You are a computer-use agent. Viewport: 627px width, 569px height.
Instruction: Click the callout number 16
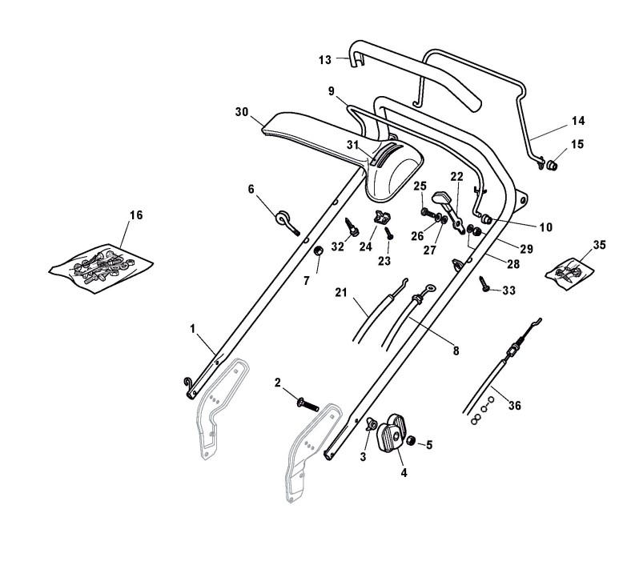136,214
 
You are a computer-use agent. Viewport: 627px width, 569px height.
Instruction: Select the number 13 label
324,59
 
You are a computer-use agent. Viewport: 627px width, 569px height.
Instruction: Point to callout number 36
515,406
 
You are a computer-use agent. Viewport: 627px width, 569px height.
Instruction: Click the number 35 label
600,244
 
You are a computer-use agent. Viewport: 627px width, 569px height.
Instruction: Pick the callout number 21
343,294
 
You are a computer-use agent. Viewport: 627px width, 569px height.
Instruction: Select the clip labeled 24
382,217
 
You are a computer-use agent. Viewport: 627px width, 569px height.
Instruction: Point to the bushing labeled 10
486,219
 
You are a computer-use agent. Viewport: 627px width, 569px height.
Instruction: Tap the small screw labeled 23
389,234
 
